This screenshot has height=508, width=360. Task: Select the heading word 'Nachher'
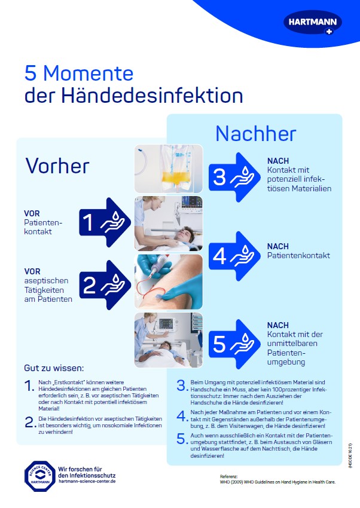(x=255, y=133)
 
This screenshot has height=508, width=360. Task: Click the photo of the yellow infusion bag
(x=169, y=169)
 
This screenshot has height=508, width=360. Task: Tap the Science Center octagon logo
(x=39, y=476)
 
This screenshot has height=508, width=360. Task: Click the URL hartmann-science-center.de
(x=87, y=481)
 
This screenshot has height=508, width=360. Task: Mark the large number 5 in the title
(x=30, y=74)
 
